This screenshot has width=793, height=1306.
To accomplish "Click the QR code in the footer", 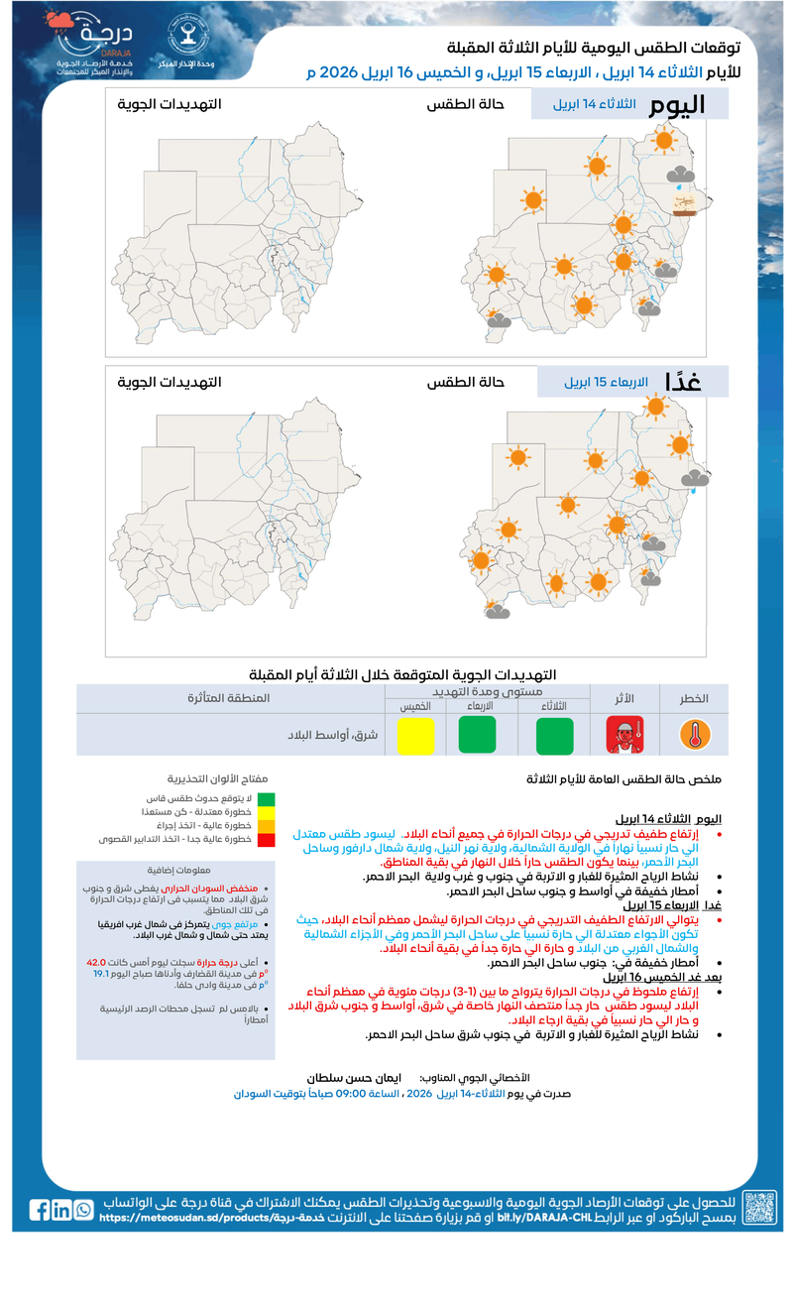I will pyautogui.click(x=759, y=1209).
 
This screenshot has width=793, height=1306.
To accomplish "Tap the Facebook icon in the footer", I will pyautogui.click(x=40, y=1210).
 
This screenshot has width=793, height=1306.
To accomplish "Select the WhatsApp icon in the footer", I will pyautogui.click(x=83, y=1210).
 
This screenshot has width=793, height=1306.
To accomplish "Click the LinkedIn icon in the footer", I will pyautogui.click(x=61, y=1210).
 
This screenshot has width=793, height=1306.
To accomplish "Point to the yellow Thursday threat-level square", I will pyautogui.click(x=416, y=737).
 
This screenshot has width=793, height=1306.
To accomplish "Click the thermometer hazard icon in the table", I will pyautogui.click(x=695, y=735).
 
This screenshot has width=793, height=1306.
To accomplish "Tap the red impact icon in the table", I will pyautogui.click(x=625, y=735).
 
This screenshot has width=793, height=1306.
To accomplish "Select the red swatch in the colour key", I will pyautogui.click(x=267, y=839).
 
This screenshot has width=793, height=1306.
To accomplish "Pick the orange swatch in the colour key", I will pyautogui.click(x=267, y=825).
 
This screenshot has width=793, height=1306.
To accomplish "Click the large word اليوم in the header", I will pyautogui.click(x=677, y=105).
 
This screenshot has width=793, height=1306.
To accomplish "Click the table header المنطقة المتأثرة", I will pyautogui.click(x=229, y=698).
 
